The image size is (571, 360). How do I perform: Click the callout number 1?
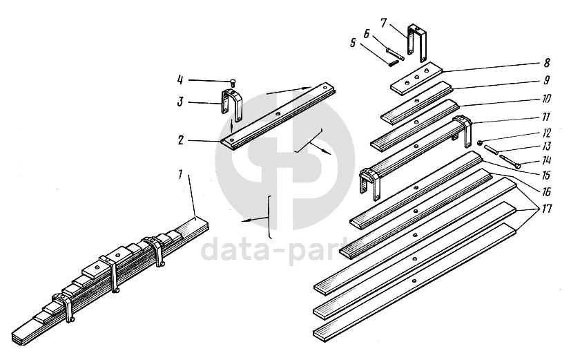click(x=180, y=174)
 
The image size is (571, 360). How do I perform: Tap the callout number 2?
click(x=181, y=140)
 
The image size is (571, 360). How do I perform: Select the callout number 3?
click(x=180, y=102)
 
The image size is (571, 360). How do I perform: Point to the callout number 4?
click(x=180, y=79)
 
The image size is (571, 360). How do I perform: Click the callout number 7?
click(x=383, y=23)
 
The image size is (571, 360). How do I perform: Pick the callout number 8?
click(x=547, y=63)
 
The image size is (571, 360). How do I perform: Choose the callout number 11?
click(x=546, y=117)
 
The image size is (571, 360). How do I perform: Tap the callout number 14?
click(x=546, y=160)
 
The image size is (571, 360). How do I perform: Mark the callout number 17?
click(x=547, y=209)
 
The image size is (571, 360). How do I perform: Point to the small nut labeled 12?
click(x=481, y=142)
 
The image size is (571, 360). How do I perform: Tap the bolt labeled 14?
click(x=510, y=161)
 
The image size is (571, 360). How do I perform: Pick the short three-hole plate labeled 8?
click(x=416, y=78)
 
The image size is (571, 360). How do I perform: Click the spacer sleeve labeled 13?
click(x=490, y=150)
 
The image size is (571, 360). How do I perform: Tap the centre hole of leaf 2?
click(x=278, y=115)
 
